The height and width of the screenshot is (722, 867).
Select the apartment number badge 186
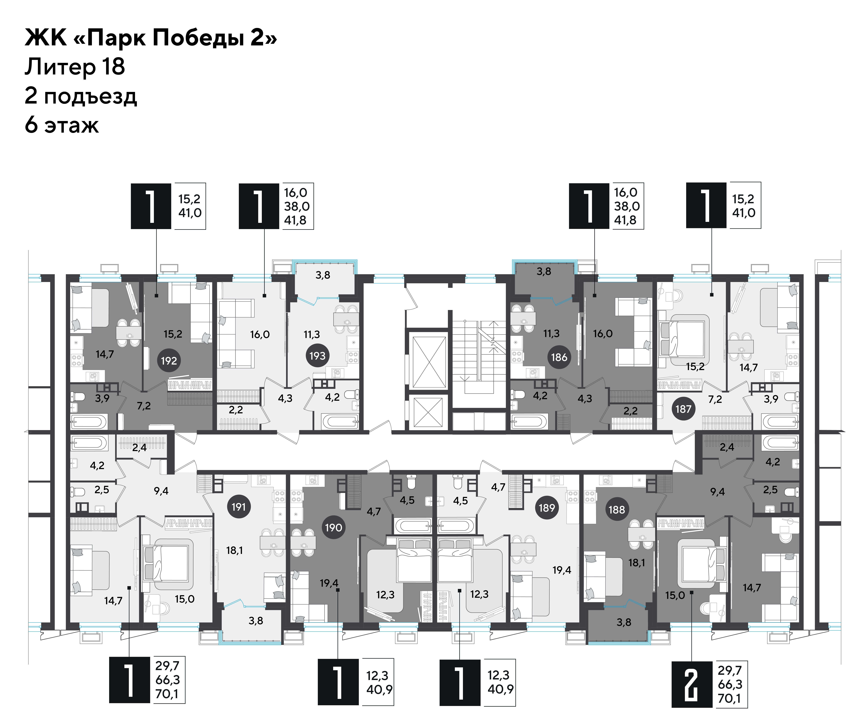pos(559,357)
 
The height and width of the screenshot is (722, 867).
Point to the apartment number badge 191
pos(239,507)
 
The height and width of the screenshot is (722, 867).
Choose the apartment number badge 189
pos(547,507)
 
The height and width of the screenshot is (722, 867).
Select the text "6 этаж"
pos(62,125)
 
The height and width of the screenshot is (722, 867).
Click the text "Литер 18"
pos(75,67)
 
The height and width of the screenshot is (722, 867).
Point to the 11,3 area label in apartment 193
pos(312,334)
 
